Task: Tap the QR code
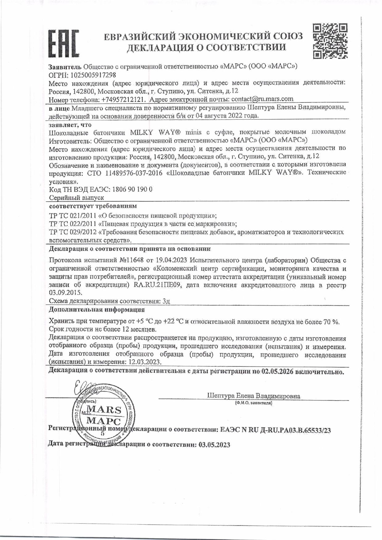[x=330, y=41]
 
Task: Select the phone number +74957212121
[x=119, y=99]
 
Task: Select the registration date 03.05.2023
[x=214, y=445]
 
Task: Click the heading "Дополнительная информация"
[x=97, y=310]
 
